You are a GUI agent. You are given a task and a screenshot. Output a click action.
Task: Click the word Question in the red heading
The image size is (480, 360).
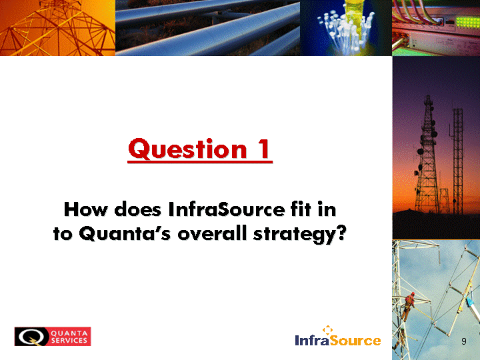187,149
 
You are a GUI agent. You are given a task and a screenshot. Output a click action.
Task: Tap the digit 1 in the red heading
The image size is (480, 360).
263,149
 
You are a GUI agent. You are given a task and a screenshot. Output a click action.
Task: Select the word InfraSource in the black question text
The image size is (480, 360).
226,210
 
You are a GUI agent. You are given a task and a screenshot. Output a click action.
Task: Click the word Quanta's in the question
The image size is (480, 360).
125,233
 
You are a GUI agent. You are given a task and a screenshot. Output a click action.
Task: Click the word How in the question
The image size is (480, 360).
86,210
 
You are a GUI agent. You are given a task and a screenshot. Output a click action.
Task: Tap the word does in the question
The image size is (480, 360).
138,210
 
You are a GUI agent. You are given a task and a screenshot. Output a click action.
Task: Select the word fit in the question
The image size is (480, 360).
301,209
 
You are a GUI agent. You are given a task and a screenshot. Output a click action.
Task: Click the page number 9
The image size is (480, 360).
464,341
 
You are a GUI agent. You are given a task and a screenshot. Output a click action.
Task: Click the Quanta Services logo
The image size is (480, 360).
53,337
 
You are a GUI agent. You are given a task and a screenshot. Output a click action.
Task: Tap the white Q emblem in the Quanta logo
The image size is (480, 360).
30,337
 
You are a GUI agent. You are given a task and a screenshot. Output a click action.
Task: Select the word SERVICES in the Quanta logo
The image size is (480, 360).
69,341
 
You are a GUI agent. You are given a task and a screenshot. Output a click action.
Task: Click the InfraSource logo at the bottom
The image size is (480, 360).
337,336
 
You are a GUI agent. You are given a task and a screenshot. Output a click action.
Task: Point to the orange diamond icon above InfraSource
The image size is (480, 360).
327,329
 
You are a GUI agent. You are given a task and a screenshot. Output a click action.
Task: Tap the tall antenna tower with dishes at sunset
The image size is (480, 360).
427,155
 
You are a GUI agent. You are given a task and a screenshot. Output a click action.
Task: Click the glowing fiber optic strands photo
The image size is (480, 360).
346,28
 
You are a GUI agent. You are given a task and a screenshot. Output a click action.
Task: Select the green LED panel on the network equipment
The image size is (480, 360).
467,22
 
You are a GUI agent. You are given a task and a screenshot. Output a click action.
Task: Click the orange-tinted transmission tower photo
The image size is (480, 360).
57,28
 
